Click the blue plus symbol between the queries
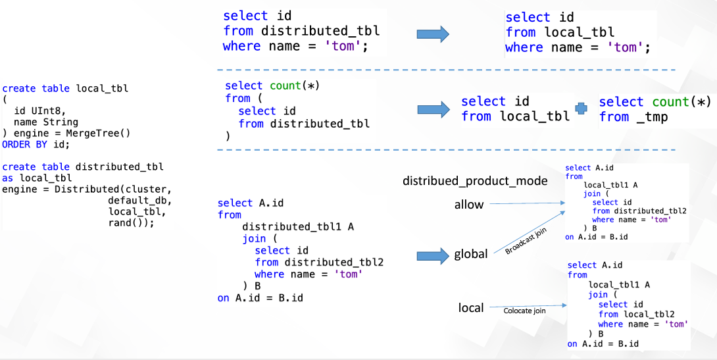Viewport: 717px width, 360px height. pyautogui.click(x=580, y=110)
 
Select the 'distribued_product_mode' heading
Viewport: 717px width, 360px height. pyautogui.click(x=475, y=181)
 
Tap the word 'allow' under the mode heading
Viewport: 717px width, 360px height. pyautogui.click(x=469, y=205)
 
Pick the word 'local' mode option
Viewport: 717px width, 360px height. pyautogui.click(x=471, y=307)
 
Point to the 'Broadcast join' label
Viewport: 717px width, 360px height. pyautogui.click(x=526, y=242)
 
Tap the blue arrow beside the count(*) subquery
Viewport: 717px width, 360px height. pyautogui.click(x=433, y=109)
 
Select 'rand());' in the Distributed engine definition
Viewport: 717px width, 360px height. pyautogui.click(x=131, y=222)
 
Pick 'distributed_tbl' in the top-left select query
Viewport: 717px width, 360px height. pyautogui.click(x=320, y=31)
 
